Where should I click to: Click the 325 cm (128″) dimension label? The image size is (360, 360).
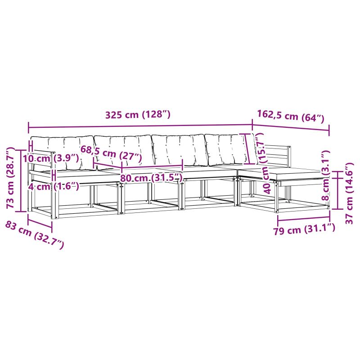point(138,114)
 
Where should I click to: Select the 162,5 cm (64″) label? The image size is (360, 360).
point(290,117)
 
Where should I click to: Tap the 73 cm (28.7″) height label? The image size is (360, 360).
point(10,178)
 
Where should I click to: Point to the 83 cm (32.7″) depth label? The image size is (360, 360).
point(35,234)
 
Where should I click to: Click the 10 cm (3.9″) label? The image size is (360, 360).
point(51,158)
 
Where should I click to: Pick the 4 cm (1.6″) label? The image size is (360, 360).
point(54,186)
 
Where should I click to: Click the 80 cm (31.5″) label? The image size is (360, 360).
point(151,178)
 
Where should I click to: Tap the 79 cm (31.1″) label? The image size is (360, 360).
point(304,229)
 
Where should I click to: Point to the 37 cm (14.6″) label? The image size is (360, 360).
point(350,193)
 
